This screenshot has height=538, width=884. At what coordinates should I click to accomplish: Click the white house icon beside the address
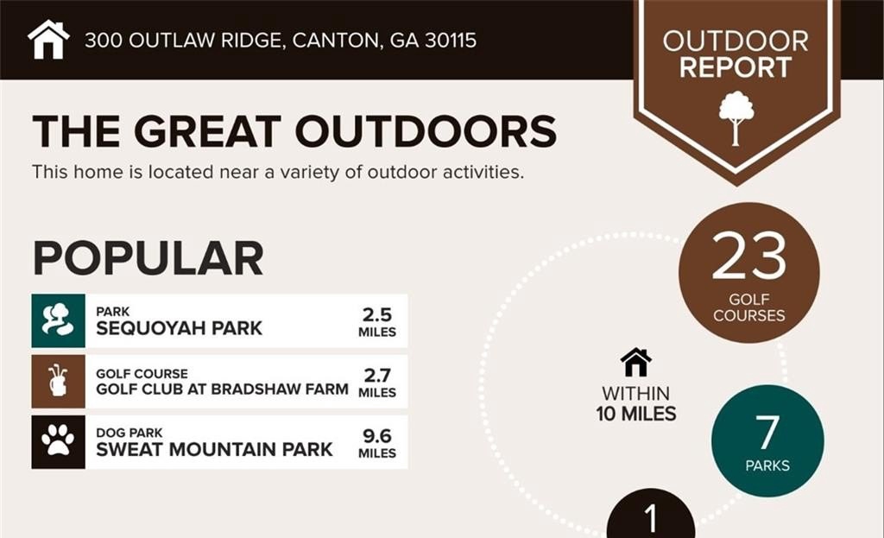[48, 40]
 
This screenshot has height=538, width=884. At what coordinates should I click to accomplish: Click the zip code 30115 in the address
[451, 41]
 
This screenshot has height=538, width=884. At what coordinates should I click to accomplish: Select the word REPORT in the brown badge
[736, 67]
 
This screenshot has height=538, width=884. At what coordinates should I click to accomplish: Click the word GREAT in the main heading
[207, 131]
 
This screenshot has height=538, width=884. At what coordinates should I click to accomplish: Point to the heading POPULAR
[148, 258]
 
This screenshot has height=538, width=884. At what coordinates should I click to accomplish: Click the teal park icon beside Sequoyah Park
[58, 320]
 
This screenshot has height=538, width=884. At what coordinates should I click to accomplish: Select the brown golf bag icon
[58, 381]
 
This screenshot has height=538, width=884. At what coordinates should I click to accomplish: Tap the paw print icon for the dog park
[58, 442]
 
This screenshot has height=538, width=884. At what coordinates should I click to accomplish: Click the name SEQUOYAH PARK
[179, 328]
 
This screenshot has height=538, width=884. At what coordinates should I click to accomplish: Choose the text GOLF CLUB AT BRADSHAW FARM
[222, 389]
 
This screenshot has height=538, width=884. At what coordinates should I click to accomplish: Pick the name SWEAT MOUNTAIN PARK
[214, 449]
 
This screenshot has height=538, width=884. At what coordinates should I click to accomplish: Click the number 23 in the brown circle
[748, 256]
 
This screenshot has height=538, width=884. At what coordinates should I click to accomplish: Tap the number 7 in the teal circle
[767, 433]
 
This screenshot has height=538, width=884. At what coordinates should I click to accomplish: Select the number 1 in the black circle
[651, 518]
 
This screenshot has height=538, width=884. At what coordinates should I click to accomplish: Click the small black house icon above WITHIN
[636, 362]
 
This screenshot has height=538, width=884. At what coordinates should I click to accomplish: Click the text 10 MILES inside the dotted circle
[636, 414]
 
